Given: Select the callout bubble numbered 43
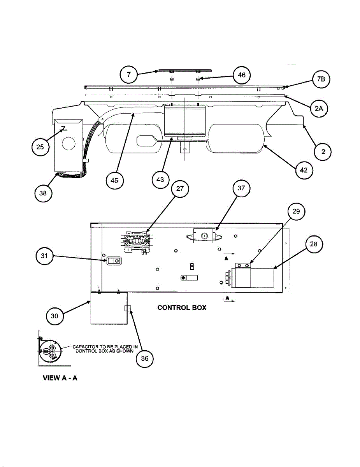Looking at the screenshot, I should coord(160,180).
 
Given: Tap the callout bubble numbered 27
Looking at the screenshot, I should coord(179,189).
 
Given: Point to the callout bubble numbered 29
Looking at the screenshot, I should coord(296,211).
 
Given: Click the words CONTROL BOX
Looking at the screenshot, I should coord(182,307).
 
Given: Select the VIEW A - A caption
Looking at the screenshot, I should coord(60,378).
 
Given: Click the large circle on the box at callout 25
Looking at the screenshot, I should coord(68,144).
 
